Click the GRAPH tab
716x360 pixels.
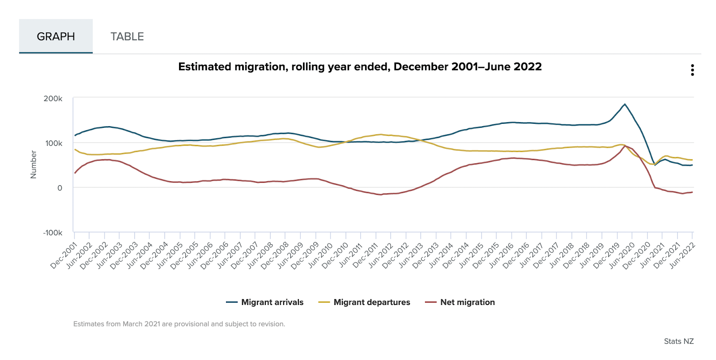point(56,36)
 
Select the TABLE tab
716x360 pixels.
point(127,36)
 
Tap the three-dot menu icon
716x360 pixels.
point(692,70)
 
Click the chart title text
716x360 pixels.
point(360,67)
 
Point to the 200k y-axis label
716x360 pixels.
point(53,98)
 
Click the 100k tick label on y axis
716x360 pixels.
point(54,143)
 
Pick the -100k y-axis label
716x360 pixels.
point(52,233)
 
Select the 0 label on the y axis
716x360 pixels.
point(60,188)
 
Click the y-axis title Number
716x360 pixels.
point(34,165)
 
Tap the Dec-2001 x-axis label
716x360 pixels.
point(64,255)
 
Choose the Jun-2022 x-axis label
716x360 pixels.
point(682,255)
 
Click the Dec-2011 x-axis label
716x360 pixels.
point(366,255)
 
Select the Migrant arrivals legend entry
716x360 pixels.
point(265,302)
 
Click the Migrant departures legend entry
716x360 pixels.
point(364,302)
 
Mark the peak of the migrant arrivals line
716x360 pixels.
point(625,104)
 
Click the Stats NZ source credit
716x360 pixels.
point(678,341)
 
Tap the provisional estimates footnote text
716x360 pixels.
point(179,324)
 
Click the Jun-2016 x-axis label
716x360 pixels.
point(502,255)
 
